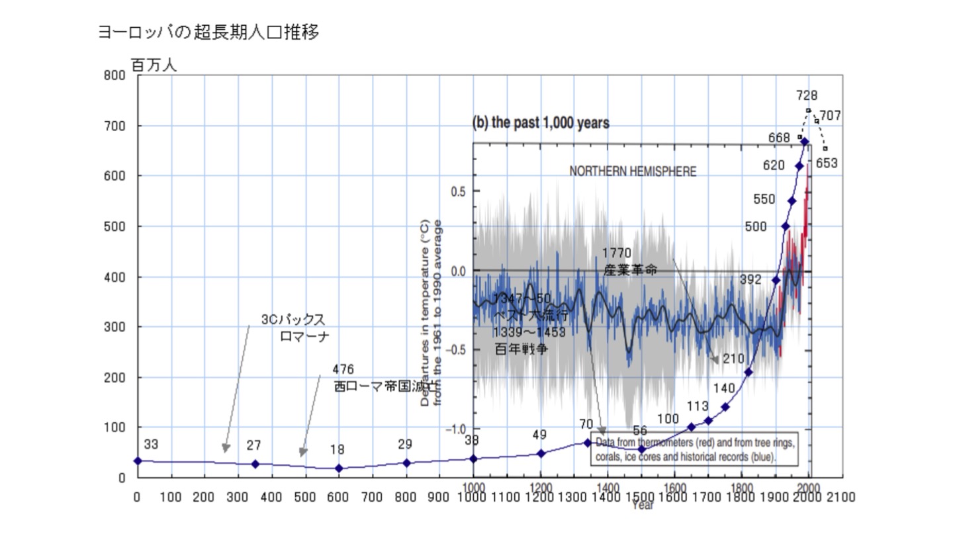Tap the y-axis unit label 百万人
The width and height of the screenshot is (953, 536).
pos(154,66)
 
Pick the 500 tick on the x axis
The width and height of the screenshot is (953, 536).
pos(305,497)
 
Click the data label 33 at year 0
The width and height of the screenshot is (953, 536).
pos(151,445)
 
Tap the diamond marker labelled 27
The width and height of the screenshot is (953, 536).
pos(255,464)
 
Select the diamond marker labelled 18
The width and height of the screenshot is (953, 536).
pos(339,469)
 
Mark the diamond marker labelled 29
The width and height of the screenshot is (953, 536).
pos(406,463)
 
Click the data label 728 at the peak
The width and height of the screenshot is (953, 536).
pos(807,96)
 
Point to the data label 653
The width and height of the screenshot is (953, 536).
pos(827,163)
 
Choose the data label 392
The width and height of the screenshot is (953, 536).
pos(750,280)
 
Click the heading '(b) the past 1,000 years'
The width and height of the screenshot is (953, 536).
pos(540,123)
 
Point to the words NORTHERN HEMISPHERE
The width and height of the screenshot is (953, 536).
pos(633,171)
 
